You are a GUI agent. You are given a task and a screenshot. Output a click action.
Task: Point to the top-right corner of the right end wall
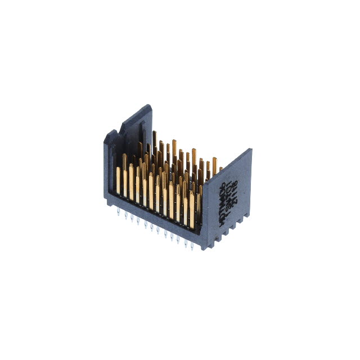click(251, 149)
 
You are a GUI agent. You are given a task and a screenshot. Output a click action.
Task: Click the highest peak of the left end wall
click(148, 105)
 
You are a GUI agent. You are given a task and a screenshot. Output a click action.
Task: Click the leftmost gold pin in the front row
click(119, 179)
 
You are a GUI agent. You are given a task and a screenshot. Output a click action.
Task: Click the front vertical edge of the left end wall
click(105, 169)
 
